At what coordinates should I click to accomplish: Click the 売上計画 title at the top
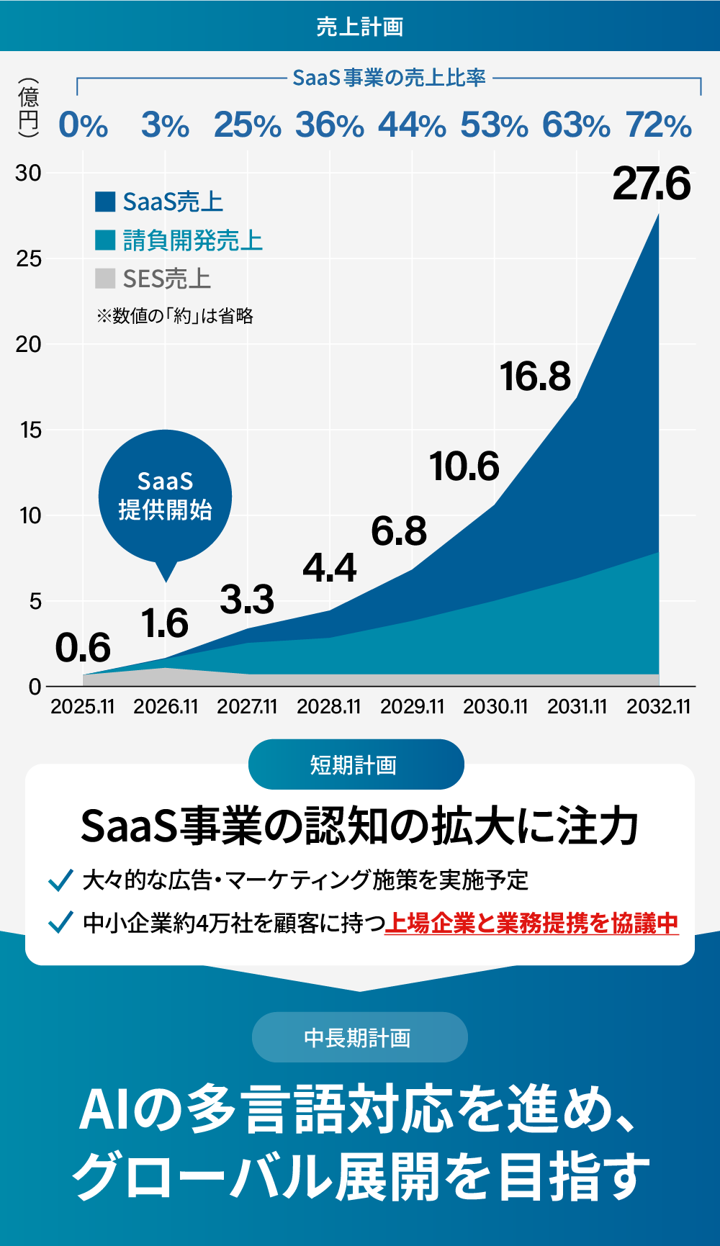pyautogui.click(x=360, y=27)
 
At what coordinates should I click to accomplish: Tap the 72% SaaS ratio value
pyautogui.click(x=658, y=125)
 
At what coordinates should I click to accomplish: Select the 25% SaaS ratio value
pyautogui.click(x=247, y=125)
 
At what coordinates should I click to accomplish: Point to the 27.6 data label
pyautogui.click(x=652, y=184)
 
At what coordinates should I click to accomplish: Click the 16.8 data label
pyautogui.click(x=535, y=376)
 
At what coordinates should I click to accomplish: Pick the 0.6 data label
pyautogui.click(x=83, y=647)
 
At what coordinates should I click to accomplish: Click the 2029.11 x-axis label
pyautogui.click(x=412, y=706)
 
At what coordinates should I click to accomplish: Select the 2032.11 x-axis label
pyautogui.click(x=658, y=706)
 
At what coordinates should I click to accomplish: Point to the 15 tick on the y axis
pyautogui.click(x=31, y=430)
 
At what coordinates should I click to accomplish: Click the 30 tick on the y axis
pyautogui.click(x=29, y=173)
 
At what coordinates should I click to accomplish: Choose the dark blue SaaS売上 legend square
pyautogui.click(x=105, y=202)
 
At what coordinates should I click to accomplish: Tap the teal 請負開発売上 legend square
pyautogui.click(x=105, y=240)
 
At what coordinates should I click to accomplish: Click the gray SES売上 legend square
pyautogui.click(x=105, y=278)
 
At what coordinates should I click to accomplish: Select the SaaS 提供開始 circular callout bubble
pyautogui.click(x=166, y=496)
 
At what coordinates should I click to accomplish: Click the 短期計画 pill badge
pyautogui.click(x=356, y=764)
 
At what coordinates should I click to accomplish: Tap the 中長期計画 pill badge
pyautogui.click(x=360, y=1037)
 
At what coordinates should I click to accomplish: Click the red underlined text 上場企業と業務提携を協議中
pyautogui.click(x=531, y=923)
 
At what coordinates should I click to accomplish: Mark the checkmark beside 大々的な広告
pyautogui.click(x=60, y=880)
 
